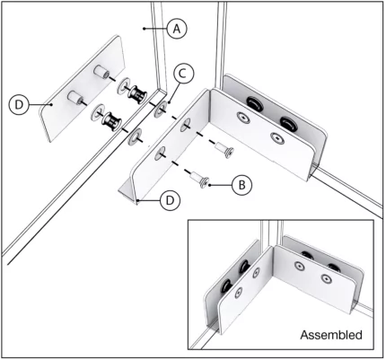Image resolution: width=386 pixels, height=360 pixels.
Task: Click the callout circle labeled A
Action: pyautogui.click(x=177, y=29)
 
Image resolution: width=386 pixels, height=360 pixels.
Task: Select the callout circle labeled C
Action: pyautogui.click(x=181, y=73)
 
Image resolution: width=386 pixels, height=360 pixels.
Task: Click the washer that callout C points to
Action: pyautogui.click(x=161, y=110)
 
